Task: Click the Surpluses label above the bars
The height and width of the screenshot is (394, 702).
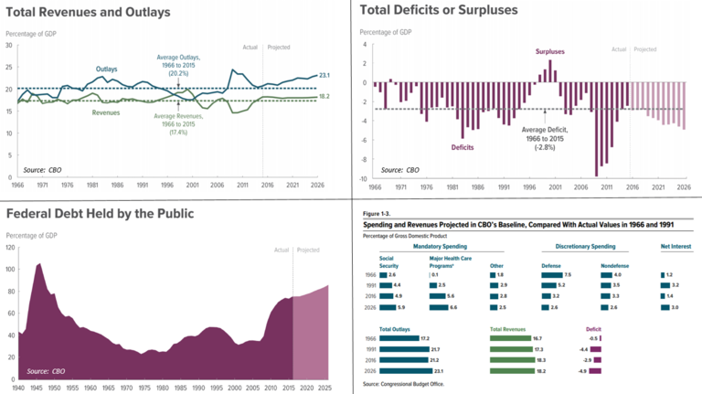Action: [550, 52]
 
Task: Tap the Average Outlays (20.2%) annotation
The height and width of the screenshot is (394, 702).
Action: [178, 67]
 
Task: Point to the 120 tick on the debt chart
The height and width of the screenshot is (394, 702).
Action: [11, 248]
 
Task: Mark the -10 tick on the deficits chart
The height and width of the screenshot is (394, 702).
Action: [362, 179]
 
